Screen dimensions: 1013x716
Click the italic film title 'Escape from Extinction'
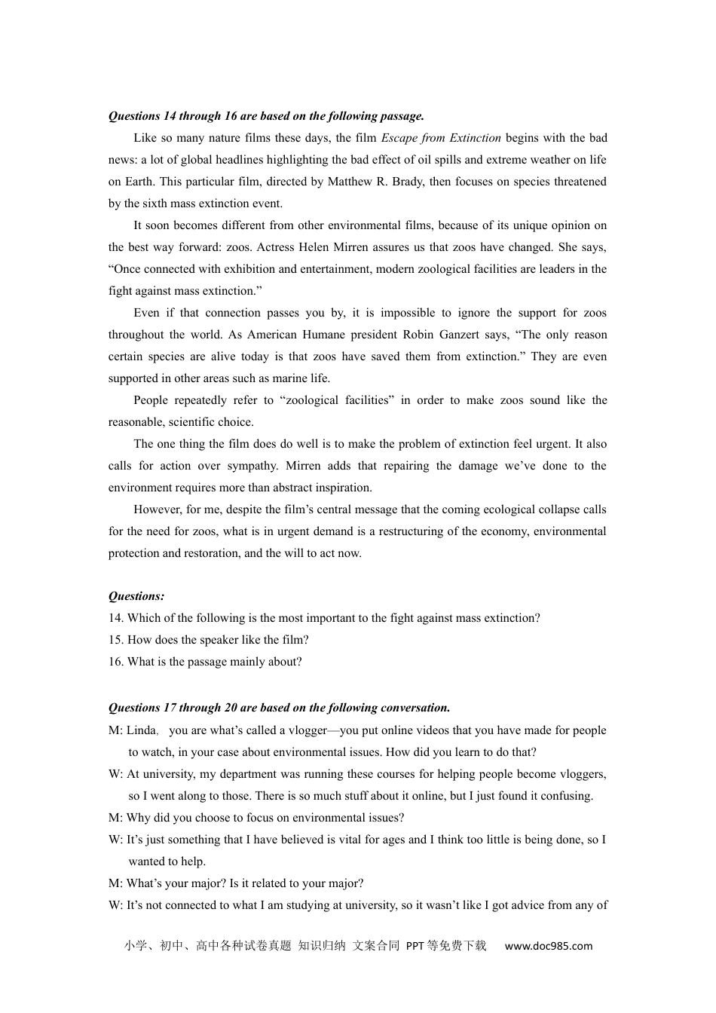click(x=441, y=138)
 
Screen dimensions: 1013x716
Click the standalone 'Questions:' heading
click(x=136, y=596)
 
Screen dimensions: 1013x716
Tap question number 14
click(x=116, y=618)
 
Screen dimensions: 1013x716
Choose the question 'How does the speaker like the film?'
click(x=218, y=640)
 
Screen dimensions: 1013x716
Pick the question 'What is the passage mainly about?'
click(x=214, y=662)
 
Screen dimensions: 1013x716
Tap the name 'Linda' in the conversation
click(x=141, y=730)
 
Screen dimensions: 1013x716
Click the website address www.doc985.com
click(x=548, y=946)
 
